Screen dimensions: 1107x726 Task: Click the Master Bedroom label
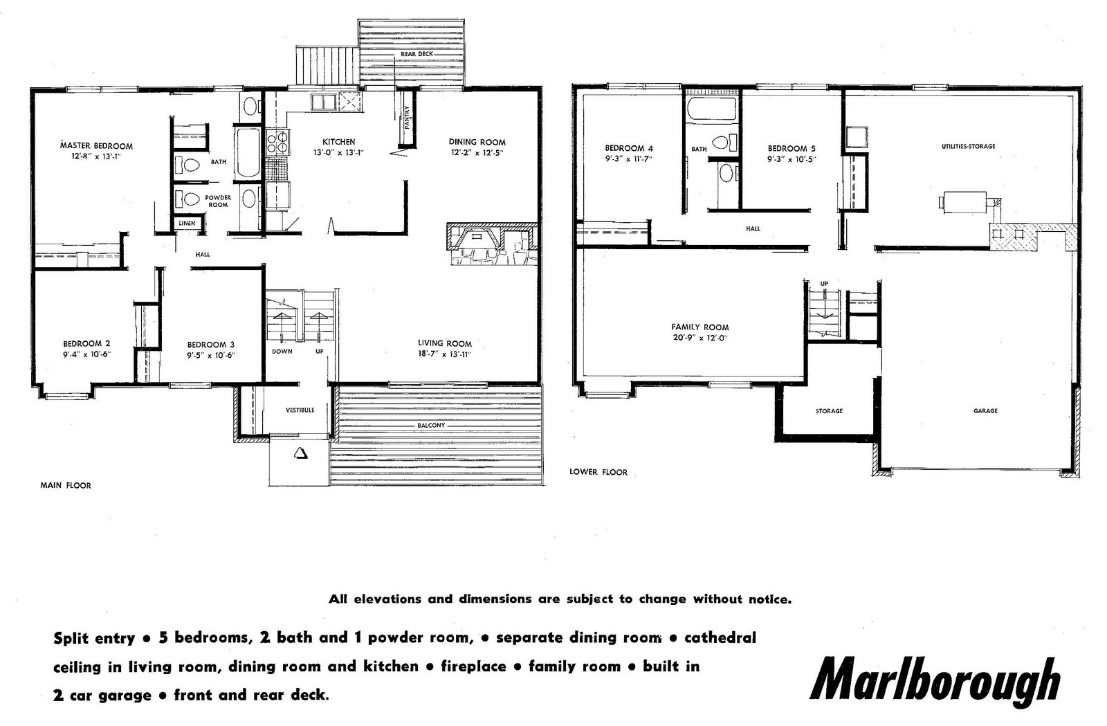click(x=96, y=146)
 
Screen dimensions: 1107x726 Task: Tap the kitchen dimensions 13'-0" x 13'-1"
click(x=338, y=153)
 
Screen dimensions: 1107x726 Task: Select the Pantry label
click(x=407, y=118)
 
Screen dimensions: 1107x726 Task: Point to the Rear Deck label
click(x=417, y=54)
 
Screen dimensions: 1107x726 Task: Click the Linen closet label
click(x=187, y=224)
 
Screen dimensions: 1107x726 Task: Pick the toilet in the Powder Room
click(x=190, y=199)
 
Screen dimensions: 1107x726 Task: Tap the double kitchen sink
click(x=322, y=103)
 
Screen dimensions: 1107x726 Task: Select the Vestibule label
click(x=300, y=410)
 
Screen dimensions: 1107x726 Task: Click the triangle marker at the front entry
click(x=301, y=453)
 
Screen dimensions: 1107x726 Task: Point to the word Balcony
click(x=431, y=425)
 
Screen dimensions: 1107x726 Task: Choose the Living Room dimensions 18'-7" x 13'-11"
click(x=444, y=354)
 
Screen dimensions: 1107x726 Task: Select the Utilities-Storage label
click(x=968, y=146)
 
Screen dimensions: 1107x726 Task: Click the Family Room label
click(x=699, y=327)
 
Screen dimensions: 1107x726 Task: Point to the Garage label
click(x=985, y=410)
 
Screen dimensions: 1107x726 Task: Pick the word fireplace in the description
click(x=473, y=666)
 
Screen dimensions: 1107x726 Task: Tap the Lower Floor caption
click(x=598, y=472)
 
